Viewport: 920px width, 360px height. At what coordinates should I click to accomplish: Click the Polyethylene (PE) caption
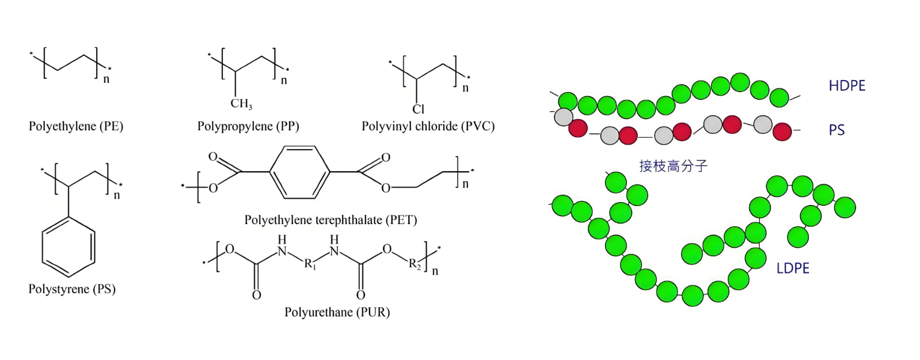click(x=76, y=126)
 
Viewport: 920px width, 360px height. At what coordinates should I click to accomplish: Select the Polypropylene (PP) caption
click(x=248, y=126)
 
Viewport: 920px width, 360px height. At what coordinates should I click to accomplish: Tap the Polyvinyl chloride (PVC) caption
click(x=428, y=126)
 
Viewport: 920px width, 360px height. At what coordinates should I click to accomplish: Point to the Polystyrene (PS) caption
click(x=72, y=289)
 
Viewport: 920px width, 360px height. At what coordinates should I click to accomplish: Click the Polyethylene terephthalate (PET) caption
click(x=330, y=220)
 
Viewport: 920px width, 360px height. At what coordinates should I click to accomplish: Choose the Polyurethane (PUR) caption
click(x=337, y=312)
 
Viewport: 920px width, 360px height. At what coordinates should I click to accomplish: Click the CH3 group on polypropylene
click(x=241, y=104)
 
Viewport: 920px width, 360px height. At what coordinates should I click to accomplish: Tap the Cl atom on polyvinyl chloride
click(x=419, y=109)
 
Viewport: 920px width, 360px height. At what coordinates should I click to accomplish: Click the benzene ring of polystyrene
click(x=69, y=247)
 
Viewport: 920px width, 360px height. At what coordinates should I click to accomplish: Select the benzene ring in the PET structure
click(x=299, y=172)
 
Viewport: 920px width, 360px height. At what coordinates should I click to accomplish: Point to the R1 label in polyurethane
click(x=310, y=264)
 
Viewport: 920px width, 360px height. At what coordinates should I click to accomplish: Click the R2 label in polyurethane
click(x=415, y=264)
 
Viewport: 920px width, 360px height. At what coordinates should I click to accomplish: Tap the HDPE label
click(x=847, y=86)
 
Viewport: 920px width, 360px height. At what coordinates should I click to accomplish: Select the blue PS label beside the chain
click(x=837, y=130)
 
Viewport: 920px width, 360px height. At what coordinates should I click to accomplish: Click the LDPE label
click(x=793, y=268)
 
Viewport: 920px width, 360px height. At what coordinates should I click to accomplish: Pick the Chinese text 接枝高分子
click(x=673, y=166)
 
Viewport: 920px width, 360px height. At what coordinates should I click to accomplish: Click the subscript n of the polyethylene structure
click(x=107, y=79)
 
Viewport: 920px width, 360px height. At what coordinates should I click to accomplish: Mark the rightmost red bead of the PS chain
click(x=782, y=132)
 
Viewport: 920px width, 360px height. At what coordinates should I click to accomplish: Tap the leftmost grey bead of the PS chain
click(x=564, y=118)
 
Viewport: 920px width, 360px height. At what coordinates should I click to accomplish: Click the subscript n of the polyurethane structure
click(x=435, y=271)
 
